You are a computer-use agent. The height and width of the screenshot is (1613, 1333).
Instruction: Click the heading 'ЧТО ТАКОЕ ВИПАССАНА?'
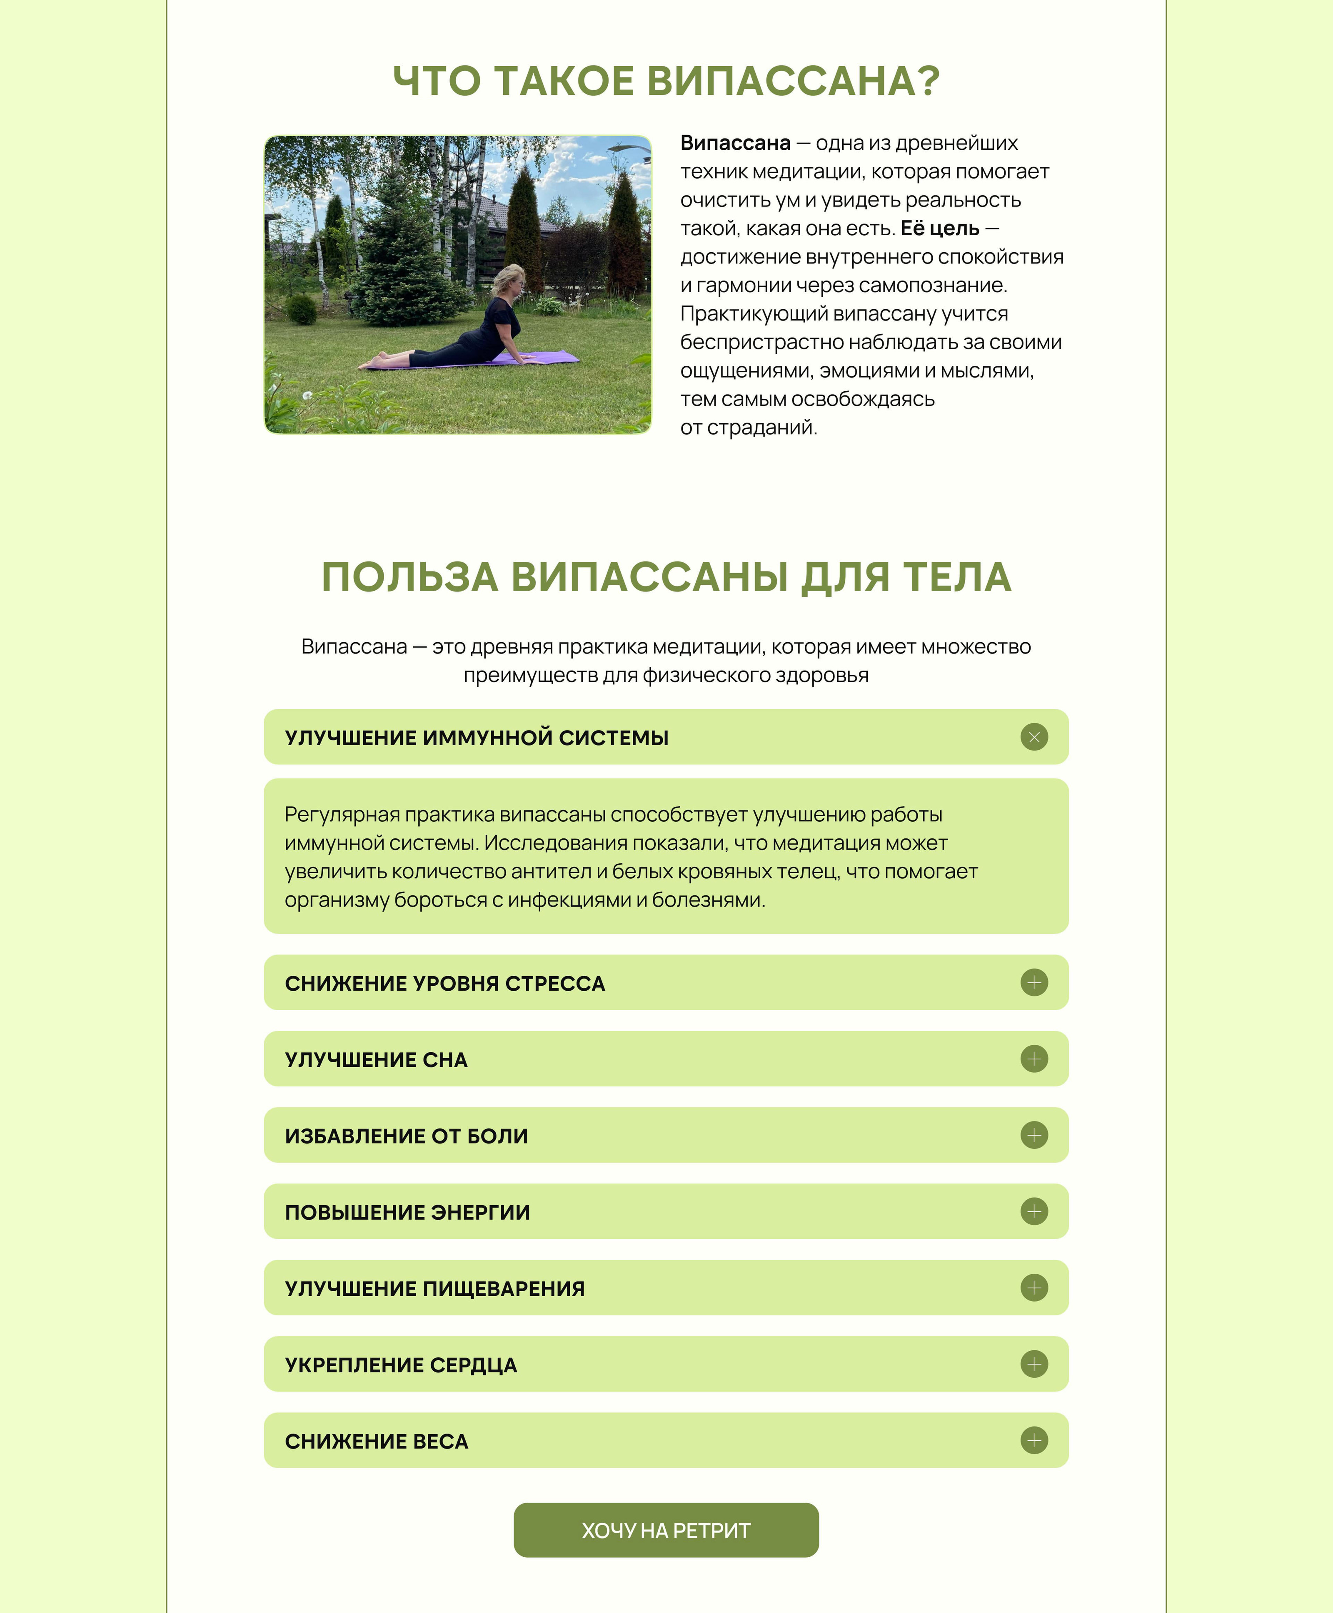point(666,81)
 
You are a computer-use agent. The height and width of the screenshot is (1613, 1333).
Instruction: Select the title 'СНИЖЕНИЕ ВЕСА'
point(376,1441)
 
